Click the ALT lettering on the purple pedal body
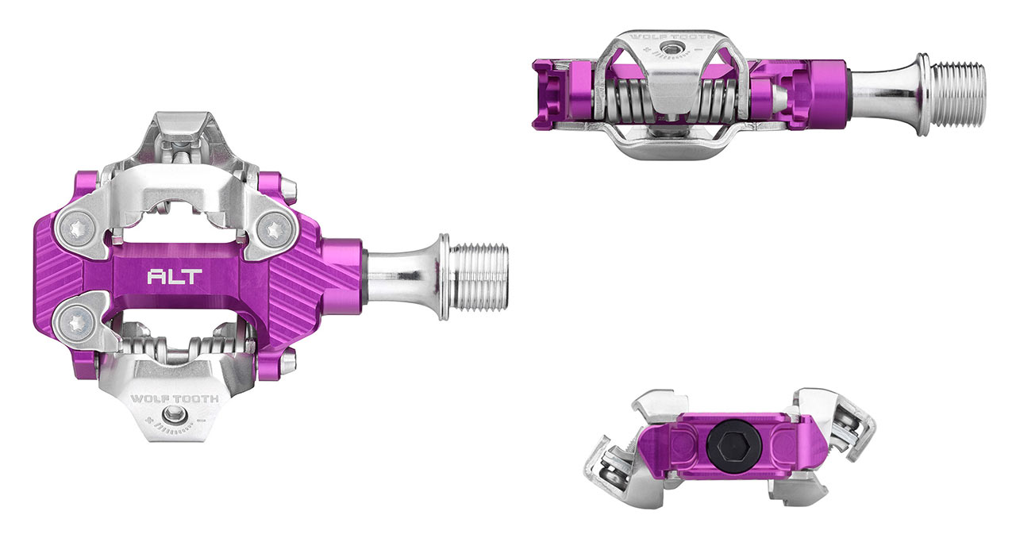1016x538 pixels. [175, 276]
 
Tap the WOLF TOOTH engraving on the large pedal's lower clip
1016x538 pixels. [175, 398]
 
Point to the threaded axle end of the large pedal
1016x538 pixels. [480, 277]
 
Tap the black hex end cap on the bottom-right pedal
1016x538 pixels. [733, 444]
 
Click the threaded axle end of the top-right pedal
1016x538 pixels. [957, 94]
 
